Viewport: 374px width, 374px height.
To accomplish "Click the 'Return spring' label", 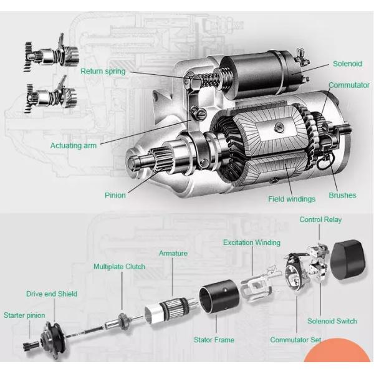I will (102, 71).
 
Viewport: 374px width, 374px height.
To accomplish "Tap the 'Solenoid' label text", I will (347, 64).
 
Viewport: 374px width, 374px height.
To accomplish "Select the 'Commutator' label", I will (349, 85).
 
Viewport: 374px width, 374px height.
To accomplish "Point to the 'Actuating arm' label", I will (74, 145).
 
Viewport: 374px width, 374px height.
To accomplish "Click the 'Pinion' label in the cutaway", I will (115, 195).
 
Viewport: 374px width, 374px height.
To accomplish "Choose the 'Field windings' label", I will (292, 199).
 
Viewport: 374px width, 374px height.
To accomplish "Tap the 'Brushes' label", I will (342, 195).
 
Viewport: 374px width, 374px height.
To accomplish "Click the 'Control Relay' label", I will (320, 219).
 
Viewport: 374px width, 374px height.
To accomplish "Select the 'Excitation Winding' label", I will (252, 242).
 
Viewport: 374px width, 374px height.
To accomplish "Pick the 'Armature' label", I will (173, 253).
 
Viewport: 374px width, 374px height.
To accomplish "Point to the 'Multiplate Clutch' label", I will (119, 266).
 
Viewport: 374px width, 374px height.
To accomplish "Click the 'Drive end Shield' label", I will (52, 293).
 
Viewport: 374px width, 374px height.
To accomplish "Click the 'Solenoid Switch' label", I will (332, 321).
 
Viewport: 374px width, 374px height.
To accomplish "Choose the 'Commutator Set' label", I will (295, 340).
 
